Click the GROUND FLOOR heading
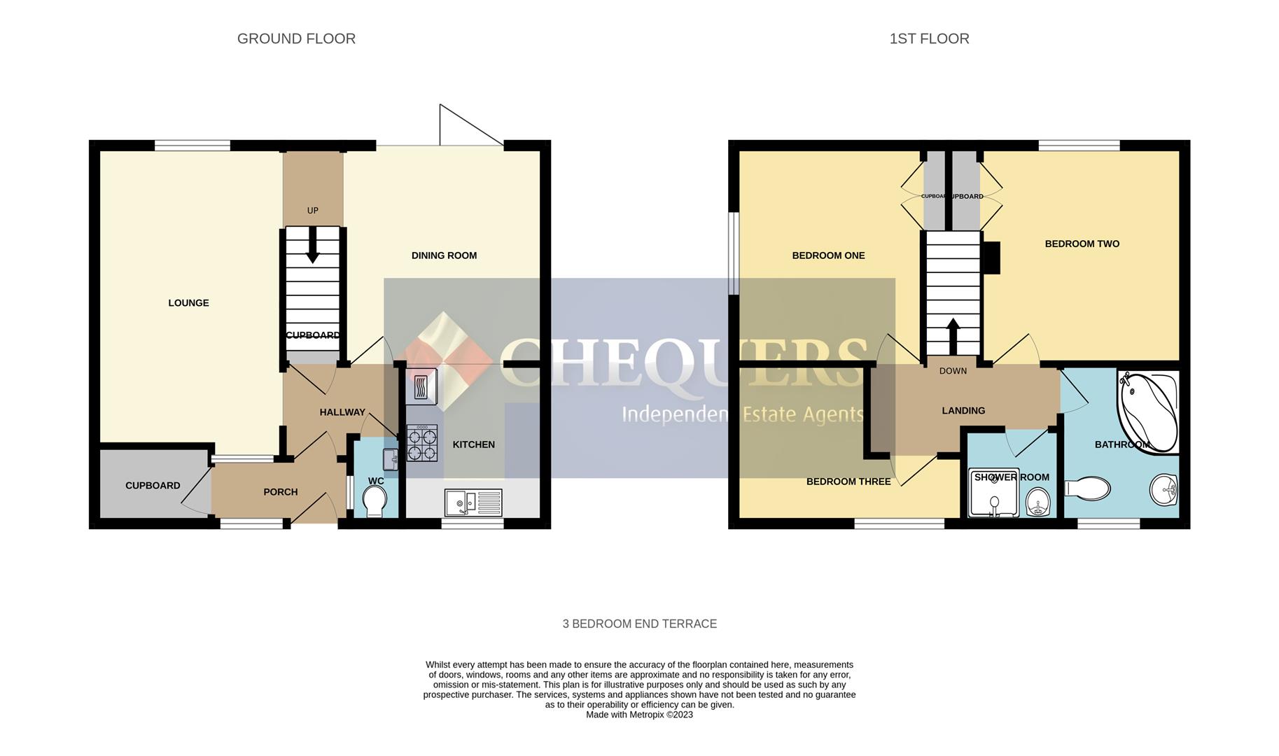(x=296, y=39)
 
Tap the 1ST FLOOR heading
(x=929, y=39)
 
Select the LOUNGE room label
(x=188, y=303)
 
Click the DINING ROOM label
(x=444, y=255)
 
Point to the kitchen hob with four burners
(x=422, y=443)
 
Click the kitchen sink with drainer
(x=473, y=502)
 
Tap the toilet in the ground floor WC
(x=375, y=501)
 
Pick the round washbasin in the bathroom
(x=1163, y=489)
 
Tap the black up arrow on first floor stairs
(x=953, y=336)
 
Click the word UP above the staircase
(x=313, y=211)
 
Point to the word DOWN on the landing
(x=953, y=371)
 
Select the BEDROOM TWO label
(x=1082, y=244)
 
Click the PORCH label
(x=281, y=492)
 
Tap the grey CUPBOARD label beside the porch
(x=153, y=486)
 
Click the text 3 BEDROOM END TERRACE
(x=639, y=624)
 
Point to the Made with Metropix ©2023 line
(x=639, y=715)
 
